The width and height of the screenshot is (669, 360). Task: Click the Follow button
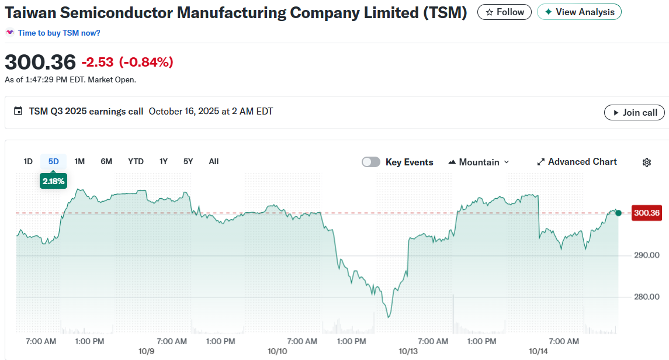coord(504,12)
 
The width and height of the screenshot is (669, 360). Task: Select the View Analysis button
coord(579,12)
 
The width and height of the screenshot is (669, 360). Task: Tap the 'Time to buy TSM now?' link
coord(59,33)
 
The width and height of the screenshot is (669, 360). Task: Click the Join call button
coord(634,113)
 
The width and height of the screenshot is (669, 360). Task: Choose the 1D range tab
coord(28,162)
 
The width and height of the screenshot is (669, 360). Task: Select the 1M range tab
coord(79,162)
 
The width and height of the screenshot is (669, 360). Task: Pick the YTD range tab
coord(136,162)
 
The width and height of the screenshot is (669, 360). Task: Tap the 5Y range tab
coord(188,162)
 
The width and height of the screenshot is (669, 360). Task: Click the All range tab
coord(214,162)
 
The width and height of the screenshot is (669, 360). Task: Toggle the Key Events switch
coord(371,162)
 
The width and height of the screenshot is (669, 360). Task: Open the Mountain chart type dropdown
coord(479,162)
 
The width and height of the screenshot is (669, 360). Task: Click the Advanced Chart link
coord(577,162)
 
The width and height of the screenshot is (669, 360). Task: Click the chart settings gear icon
coord(647,162)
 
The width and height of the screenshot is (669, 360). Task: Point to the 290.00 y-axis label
coord(646,255)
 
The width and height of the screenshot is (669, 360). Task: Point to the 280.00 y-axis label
coord(646,297)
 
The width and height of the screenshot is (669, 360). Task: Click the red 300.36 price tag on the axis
coord(647,213)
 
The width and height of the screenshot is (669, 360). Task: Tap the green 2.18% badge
coord(53,182)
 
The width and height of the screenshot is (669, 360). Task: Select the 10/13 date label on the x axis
coord(408,352)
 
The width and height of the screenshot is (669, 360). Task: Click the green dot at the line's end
coord(619,213)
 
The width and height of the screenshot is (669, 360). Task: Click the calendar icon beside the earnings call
coord(18,111)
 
